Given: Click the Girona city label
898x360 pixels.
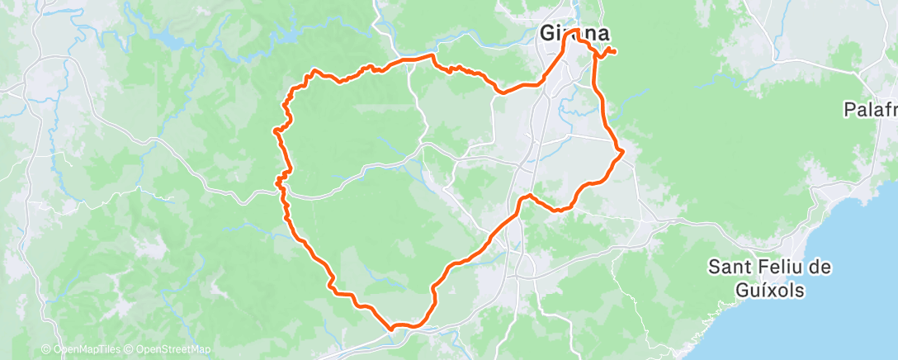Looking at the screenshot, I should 574,34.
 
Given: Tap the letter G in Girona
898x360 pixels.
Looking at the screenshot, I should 546,34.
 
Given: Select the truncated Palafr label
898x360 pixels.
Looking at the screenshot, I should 870,109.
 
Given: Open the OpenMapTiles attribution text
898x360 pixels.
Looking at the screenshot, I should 86,350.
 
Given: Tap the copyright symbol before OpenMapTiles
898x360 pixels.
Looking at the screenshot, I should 46,350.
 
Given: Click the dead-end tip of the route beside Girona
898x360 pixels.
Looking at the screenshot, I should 617,54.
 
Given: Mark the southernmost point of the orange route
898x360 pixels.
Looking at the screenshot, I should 393,328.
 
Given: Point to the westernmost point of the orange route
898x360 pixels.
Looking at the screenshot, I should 274,130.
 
